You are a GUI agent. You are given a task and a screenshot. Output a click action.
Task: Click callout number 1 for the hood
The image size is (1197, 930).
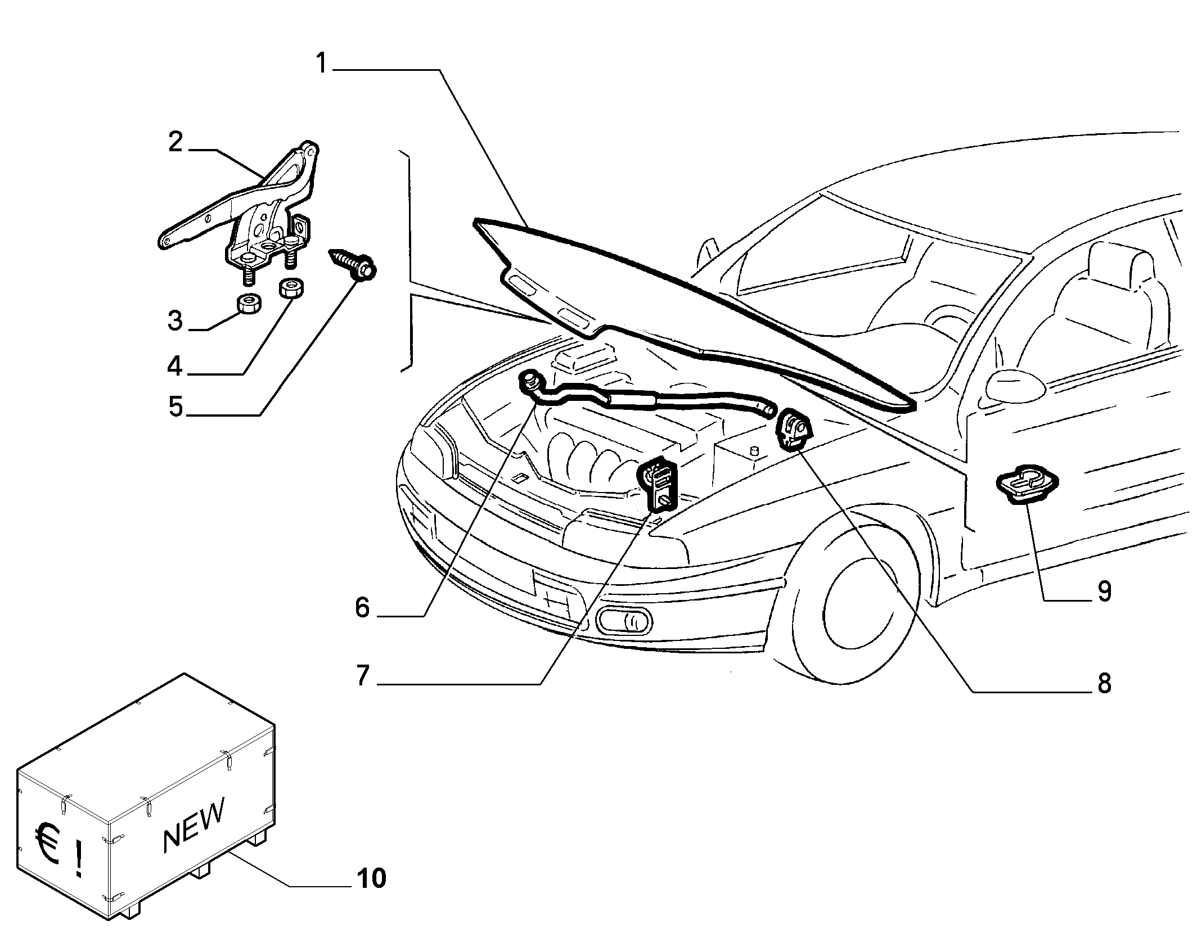(321, 64)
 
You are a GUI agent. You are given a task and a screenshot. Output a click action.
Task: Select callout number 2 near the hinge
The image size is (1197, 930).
(175, 142)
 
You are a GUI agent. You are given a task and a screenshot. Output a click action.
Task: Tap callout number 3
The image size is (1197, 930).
(175, 320)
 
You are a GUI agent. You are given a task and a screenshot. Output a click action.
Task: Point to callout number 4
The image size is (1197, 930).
(175, 366)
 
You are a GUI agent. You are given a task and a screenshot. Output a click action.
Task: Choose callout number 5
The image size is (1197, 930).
(176, 407)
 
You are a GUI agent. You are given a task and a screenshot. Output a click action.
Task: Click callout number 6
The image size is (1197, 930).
(362, 608)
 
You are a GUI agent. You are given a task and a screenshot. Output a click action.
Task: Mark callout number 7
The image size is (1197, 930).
(362, 676)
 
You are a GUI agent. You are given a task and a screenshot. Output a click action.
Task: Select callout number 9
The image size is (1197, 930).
(1104, 592)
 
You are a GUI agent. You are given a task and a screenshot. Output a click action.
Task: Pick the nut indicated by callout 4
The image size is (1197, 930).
(291, 289)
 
